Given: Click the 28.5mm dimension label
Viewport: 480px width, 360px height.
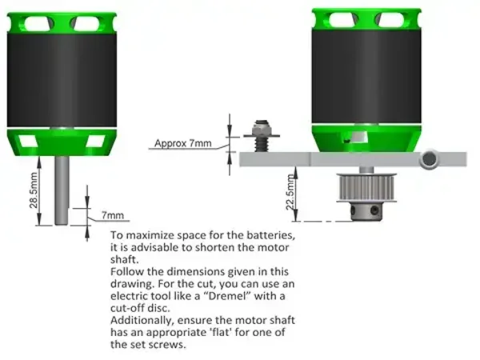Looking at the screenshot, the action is click(34, 190).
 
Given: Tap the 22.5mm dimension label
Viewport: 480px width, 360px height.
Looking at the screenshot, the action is click(290, 192).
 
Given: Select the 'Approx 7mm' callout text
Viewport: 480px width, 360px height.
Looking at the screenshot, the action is click(182, 143).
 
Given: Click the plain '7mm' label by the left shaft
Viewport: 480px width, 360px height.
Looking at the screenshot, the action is click(113, 215).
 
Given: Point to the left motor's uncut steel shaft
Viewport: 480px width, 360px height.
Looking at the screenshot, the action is click(62, 190).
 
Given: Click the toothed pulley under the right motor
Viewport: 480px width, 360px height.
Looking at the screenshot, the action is click(366, 188).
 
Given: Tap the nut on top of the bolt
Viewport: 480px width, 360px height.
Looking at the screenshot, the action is click(261, 127).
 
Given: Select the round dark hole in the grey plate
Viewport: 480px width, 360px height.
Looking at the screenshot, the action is click(429, 158).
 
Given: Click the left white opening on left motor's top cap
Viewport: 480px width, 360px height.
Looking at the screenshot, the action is click(38, 23).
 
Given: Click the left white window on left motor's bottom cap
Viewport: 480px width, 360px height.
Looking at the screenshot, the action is click(28, 142).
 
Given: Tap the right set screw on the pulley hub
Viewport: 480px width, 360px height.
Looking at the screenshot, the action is click(374, 210).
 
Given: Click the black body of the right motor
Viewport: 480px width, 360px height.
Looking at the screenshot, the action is click(366, 77).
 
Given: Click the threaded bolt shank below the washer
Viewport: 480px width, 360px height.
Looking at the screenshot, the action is click(261, 144).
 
